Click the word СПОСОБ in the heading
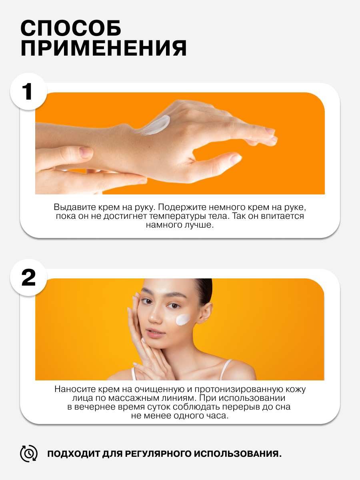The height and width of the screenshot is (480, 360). point(71,28)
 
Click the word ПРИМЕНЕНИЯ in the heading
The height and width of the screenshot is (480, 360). point(104,48)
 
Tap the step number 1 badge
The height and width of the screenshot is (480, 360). point(28,92)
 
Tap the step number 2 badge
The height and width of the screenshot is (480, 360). point(28,277)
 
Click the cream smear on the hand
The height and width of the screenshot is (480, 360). point(157,125)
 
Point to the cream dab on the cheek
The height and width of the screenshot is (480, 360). point(183,320)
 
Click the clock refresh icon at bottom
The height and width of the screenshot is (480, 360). point(29,454)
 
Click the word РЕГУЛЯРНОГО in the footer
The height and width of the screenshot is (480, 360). point(159,454)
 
